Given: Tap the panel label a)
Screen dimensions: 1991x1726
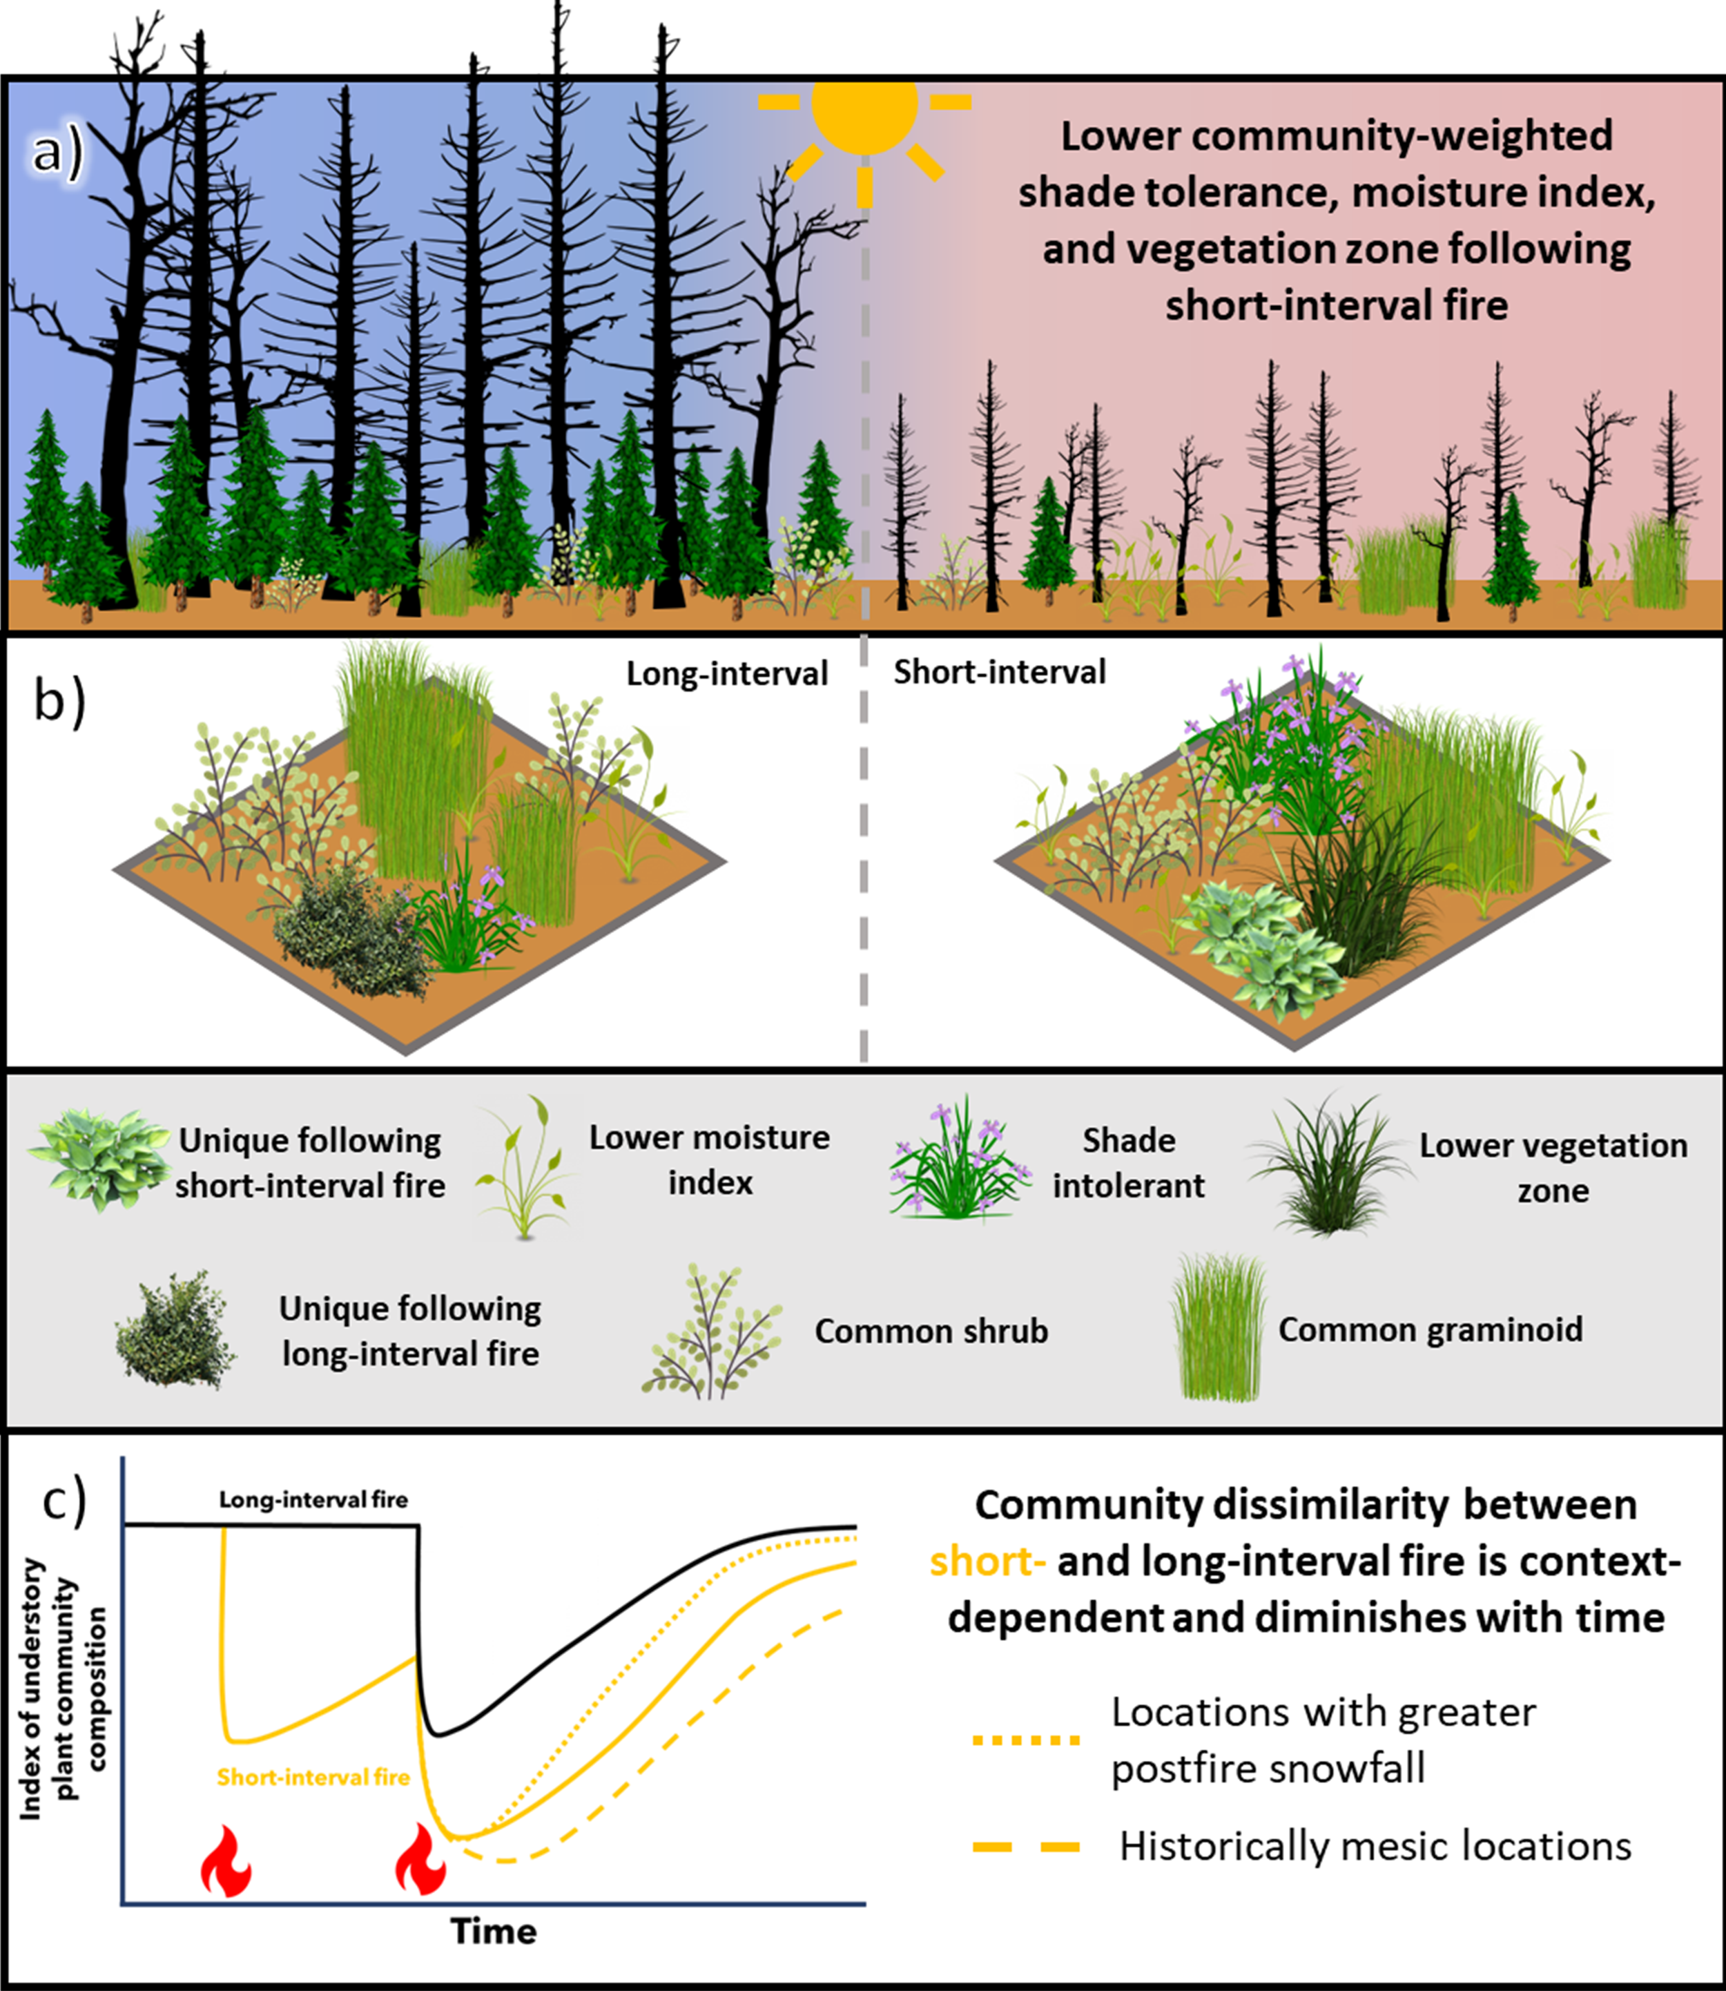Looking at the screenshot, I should (58, 152).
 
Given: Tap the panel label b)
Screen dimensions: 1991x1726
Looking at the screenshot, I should (59, 700).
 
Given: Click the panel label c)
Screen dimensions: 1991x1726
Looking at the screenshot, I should (64, 1501).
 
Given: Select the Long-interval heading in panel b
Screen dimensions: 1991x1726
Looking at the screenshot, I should (727, 673).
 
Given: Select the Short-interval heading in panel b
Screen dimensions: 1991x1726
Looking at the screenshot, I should (1000, 671).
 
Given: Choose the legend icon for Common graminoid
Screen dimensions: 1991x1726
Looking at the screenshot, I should (1219, 1327).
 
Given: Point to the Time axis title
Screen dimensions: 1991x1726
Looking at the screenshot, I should (493, 1930).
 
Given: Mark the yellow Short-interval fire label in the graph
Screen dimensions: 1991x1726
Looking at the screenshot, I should (313, 1777).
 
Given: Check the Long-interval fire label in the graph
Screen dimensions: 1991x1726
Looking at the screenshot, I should (313, 1500).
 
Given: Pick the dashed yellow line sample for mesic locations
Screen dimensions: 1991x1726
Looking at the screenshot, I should (1026, 1847).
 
